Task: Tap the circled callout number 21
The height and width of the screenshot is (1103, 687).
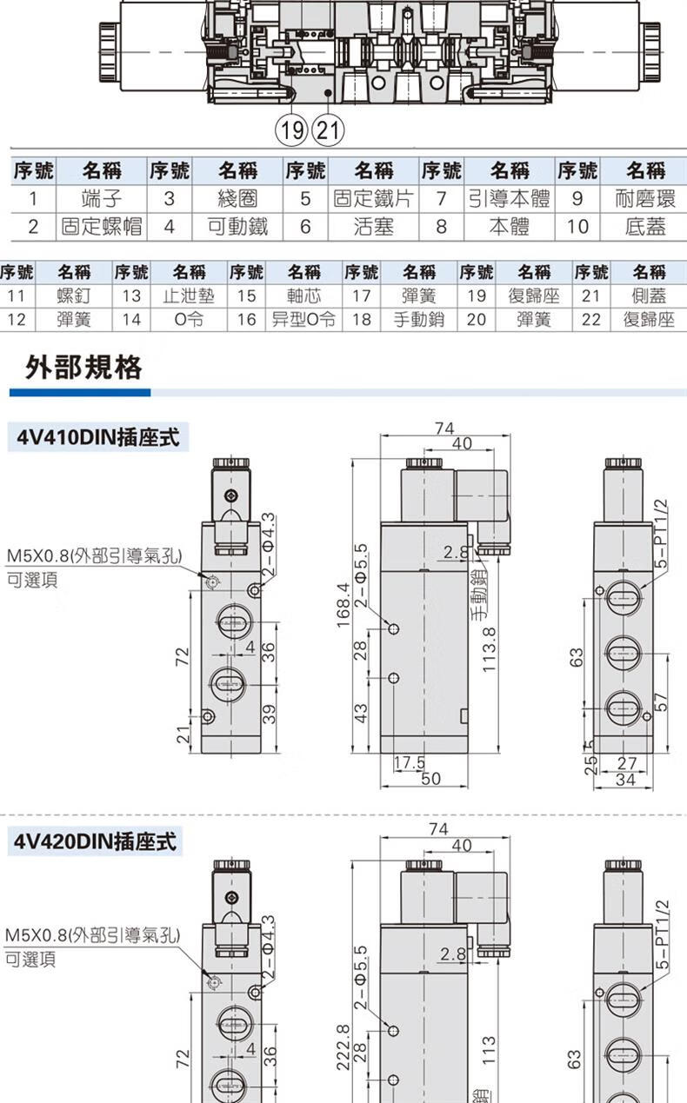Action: pyautogui.click(x=328, y=132)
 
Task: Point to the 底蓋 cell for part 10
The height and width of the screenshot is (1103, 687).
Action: pyautogui.click(x=644, y=227)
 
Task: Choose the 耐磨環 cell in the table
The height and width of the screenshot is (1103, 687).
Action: pyautogui.click(x=644, y=198)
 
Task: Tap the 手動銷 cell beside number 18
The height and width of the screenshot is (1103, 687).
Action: pyautogui.click(x=418, y=319)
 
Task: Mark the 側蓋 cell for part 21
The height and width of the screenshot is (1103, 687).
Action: pyautogui.click(x=650, y=296)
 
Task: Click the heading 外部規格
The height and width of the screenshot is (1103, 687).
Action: pyautogui.click(x=83, y=368)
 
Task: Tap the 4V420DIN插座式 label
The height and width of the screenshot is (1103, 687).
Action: pyautogui.click(x=96, y=841)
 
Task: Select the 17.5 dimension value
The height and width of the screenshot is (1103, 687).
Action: pyautogui.click(x=408, y=763)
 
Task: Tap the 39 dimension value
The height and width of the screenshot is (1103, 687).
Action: pyautogui.click(x=269, y=713)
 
